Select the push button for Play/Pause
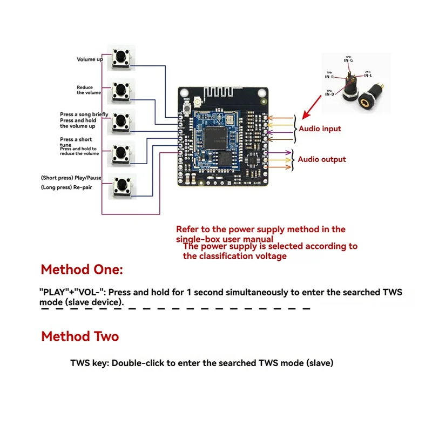click(x=122, y=186)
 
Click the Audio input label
click(x=320, y=129)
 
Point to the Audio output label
click(x=322, y=159)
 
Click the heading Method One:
click(x=82, y=269)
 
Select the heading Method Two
click(x=80, y=336)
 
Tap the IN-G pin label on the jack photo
click(x=348, y=60)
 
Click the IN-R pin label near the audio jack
click(x=329, y=76)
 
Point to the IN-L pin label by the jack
click(x=367, y=76)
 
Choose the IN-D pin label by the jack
click(x=329, y=94)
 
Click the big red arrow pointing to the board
click(x=312, y=106)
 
